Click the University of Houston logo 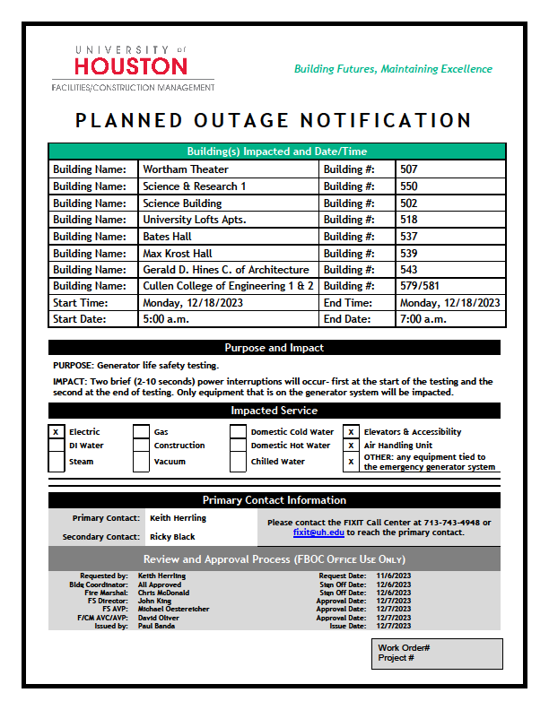pyautogui.click(x=132, y=66)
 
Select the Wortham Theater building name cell pyautogui.click(x=186, y=169)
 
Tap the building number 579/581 pyautogui.click(x=422, y=286)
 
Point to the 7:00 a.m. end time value pyautogui.click(x=423, y=319)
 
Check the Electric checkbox pyautogui.click(x=56, y=432)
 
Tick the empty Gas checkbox pyautogui.click(x=141, y=432)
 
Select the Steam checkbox pyautogui.click(x=56, y=462)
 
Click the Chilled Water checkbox pyautogui.click(x=237, y=462)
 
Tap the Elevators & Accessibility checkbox pyautogui.click(x=351, y=432)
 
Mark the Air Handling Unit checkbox pyautogui.click(x=351, y=446)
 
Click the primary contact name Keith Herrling pyautogui.click(x=178, y=518)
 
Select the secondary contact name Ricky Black pyautogui.click(x=172, y=537)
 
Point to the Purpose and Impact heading pyautogui.click(x=274, y=348)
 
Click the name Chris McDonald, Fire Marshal pyautogui.click(x=165, y=593)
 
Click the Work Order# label pyautogui.click(x=404, y=647)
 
